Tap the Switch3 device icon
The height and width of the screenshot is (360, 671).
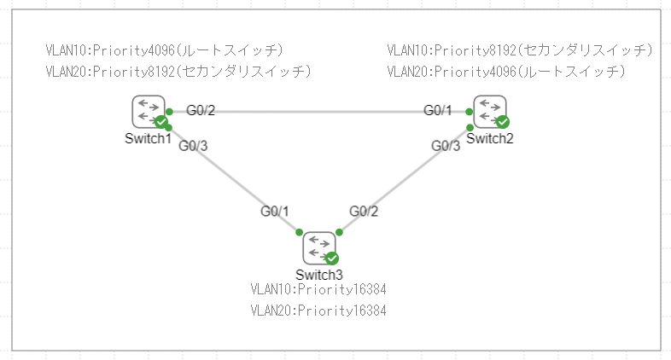(x=318, y=247)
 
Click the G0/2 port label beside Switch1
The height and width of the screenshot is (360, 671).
(x=201, y=110)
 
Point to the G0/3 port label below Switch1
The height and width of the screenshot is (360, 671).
(x=193, y=145)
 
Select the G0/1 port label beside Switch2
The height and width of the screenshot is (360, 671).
(x=438, y=110)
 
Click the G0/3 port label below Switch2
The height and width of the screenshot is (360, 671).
(x=446, y=146)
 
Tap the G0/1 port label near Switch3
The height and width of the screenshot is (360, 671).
(x=275, y=211)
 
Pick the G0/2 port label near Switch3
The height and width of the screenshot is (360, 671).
(x=364, y=211)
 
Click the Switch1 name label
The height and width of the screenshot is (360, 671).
(x=149, y=139)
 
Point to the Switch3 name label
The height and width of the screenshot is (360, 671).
(x=319, y=274)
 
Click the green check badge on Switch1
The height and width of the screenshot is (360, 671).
(x=160, y=122)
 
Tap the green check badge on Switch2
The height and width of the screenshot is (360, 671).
(x=503, y=122)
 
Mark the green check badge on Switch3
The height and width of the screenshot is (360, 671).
(x=332, y=258)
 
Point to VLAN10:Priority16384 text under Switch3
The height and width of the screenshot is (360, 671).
(x=318, y=290)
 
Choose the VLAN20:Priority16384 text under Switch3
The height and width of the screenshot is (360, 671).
(x=318, y=311)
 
